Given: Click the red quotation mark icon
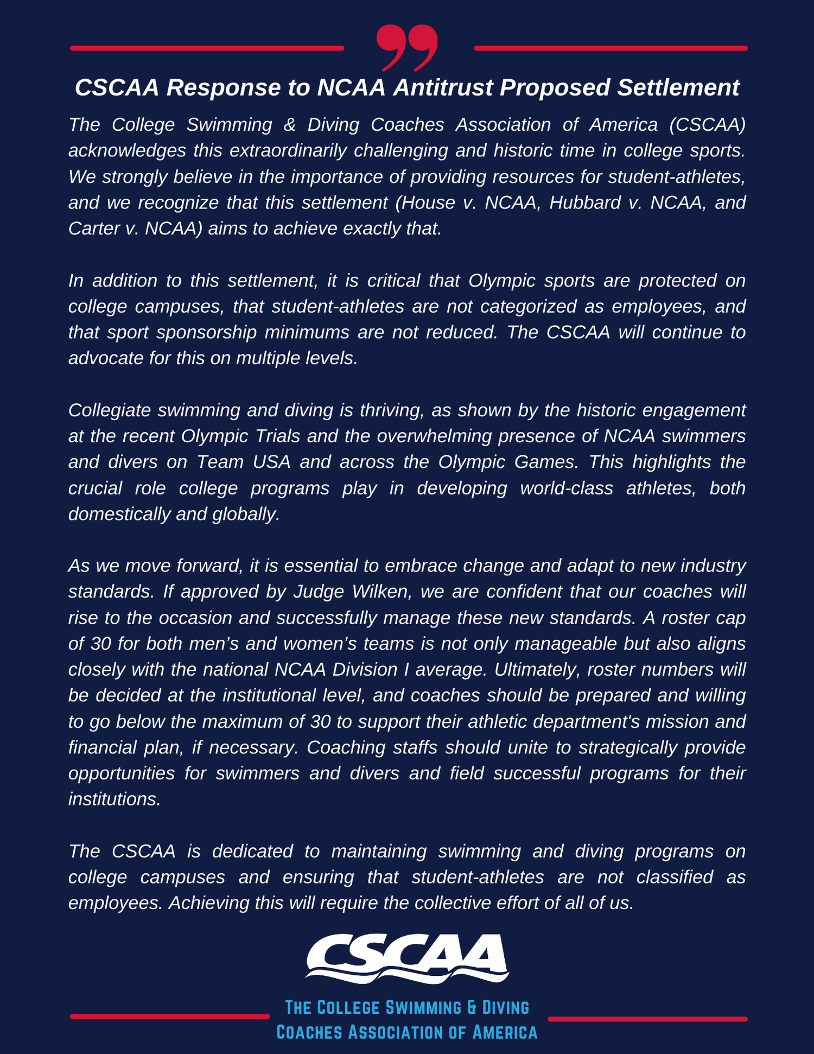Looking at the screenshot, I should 407,48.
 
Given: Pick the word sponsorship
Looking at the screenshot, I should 206,332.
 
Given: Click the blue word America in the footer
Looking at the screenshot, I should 505,1032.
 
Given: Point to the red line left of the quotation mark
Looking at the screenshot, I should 207,48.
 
